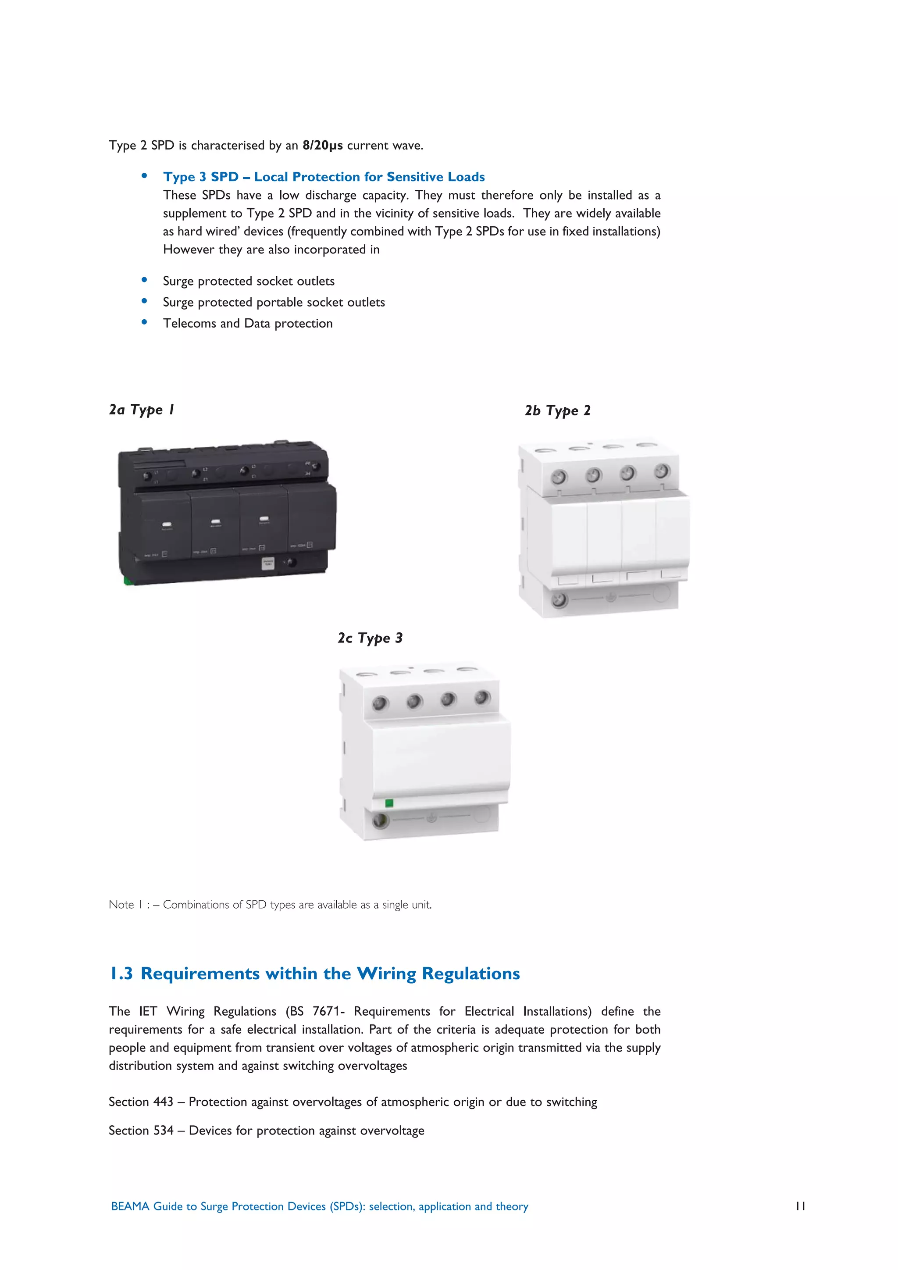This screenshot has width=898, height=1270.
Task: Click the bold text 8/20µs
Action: point(322,146)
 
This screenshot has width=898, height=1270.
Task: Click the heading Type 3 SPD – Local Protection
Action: point(324,177)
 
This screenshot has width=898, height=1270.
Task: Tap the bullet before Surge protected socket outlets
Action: point(144,280)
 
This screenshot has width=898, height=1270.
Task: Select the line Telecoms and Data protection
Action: point(248,324)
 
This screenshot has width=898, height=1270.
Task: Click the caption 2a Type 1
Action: point(142,410)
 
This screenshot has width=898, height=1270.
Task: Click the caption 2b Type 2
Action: point(557,410)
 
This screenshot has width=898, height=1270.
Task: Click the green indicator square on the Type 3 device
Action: point(389,803)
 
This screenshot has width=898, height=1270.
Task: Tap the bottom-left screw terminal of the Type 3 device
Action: point(380,821)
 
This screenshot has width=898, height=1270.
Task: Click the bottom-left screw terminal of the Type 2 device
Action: point(559,599)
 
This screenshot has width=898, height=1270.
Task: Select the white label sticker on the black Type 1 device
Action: point(267,563)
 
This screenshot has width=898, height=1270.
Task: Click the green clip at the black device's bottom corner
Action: point(127,580)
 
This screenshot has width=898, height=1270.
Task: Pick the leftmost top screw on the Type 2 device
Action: point(559,477)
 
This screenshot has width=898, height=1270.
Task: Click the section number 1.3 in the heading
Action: point(121,974)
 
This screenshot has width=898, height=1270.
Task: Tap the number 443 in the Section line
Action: point(163,1102)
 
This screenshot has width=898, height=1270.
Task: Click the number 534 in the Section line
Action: point(163,1131)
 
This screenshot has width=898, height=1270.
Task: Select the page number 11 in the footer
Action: point(800,1206)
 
